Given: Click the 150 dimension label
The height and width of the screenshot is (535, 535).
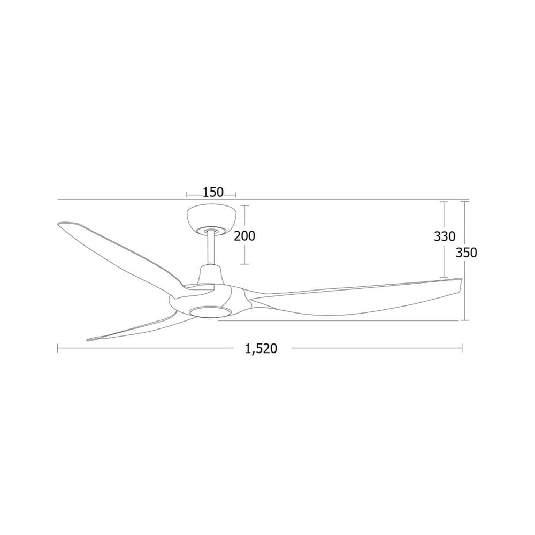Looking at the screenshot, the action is click(x=213, y=193).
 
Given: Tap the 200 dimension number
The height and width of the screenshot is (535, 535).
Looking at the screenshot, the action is click(x=244, y=236).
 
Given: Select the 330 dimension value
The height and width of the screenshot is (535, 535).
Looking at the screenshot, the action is click(x=445, y=236).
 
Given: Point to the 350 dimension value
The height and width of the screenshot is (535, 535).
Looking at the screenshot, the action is click(x=467, y=253).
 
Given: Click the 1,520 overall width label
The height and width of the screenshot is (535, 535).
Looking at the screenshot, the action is click(x=261, y=349).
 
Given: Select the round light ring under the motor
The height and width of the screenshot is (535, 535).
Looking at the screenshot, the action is click(x=210, y=311).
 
